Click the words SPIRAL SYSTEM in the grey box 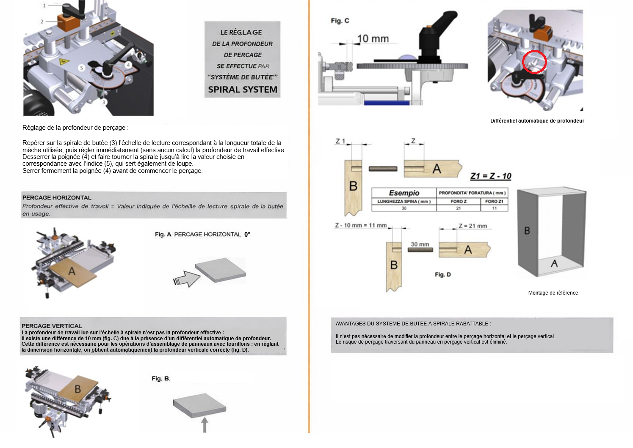(x=243, y=90)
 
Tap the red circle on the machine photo (x=534, y=62)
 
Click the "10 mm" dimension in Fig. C (x=373, y=39)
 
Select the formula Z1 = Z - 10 (x=491, y=176)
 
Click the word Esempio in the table (x=404, y=193)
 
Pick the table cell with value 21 (x=458, y=208)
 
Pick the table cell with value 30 (x=404, y=208)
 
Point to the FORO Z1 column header (x=494, y=202)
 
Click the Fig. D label (x=442, y=275)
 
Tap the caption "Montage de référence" (x=553, y=293)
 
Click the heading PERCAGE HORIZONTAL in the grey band (x=57, y=198)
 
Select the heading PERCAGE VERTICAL (x=52, y=326)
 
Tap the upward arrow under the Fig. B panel (x=205, y=424)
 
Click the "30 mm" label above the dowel (x=420, y=244)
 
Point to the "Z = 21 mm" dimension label (x=473, y=226)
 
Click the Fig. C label (x=340, y=21)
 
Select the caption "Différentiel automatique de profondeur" (x=537, y=121)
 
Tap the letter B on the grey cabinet (x=527, y=231)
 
